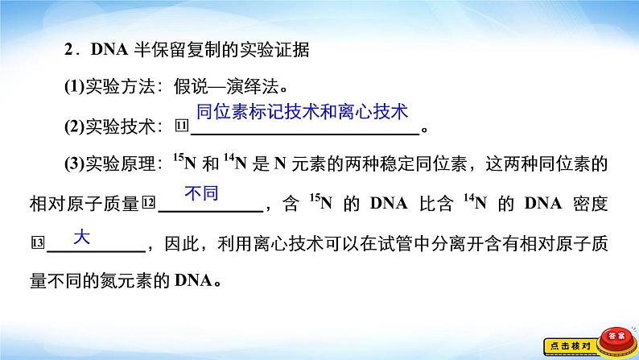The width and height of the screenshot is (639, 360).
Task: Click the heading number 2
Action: [68, 50]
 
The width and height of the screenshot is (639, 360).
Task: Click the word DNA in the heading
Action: [109, 50]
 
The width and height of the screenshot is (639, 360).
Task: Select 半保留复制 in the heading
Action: [178, 50]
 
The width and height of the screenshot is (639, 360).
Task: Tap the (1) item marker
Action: [74, 86]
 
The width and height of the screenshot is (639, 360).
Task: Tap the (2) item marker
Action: [74, 126]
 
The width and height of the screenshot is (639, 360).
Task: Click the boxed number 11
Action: [182, 125]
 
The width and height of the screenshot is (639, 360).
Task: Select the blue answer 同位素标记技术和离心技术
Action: [302, 112]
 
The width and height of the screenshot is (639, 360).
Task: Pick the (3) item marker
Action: [74, 163]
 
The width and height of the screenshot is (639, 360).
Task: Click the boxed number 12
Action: [149, 202]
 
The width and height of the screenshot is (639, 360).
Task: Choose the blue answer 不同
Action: [201, 192]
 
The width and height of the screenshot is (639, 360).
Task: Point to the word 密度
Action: [590, 203]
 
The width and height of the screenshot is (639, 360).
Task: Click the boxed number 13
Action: [38, 243]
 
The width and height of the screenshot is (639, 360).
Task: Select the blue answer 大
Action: [81, 237]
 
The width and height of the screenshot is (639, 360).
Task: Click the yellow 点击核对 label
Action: [570, 346]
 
